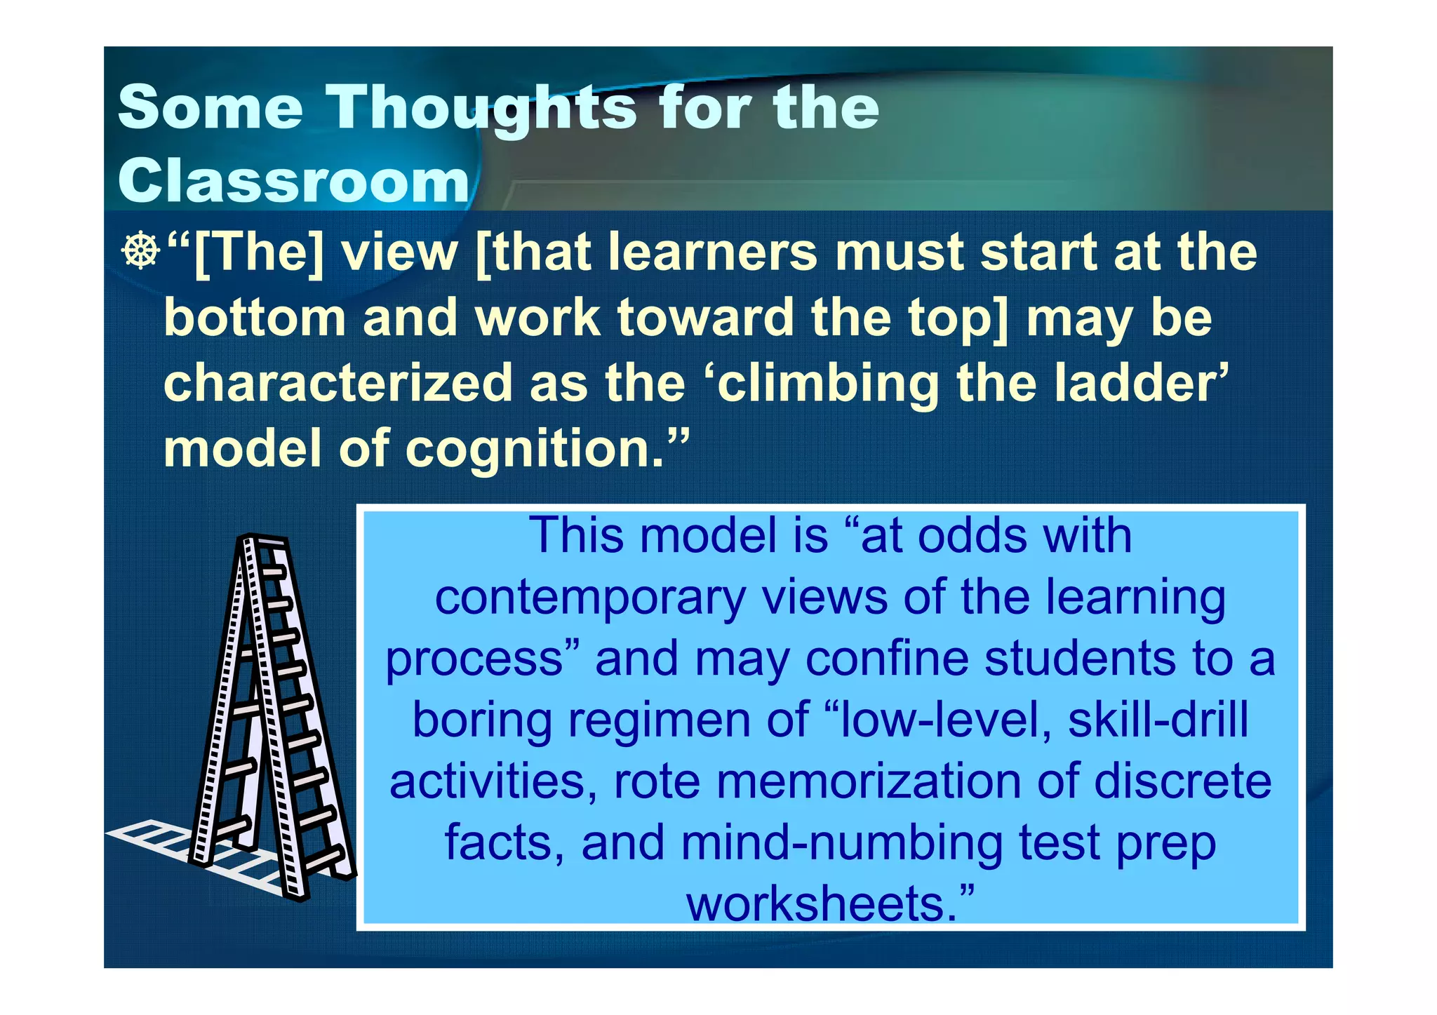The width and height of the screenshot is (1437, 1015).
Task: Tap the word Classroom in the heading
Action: (293, 180)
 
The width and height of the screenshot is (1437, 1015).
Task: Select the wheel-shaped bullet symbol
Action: (140, 251)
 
